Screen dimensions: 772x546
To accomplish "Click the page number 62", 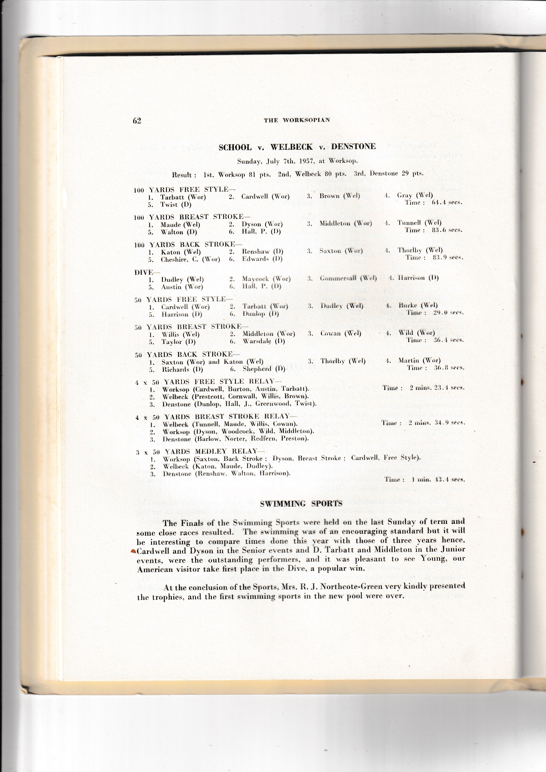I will [x=137, y=121].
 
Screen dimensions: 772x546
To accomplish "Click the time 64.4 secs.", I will [x=447, y=203].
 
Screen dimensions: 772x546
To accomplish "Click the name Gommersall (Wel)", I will [x=348, y=278].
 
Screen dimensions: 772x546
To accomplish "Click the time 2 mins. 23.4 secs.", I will [x=437, y=388].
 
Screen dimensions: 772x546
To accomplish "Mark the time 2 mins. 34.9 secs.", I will [x=436, y=423].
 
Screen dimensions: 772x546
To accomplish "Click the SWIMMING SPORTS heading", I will [x=301, y=504].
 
